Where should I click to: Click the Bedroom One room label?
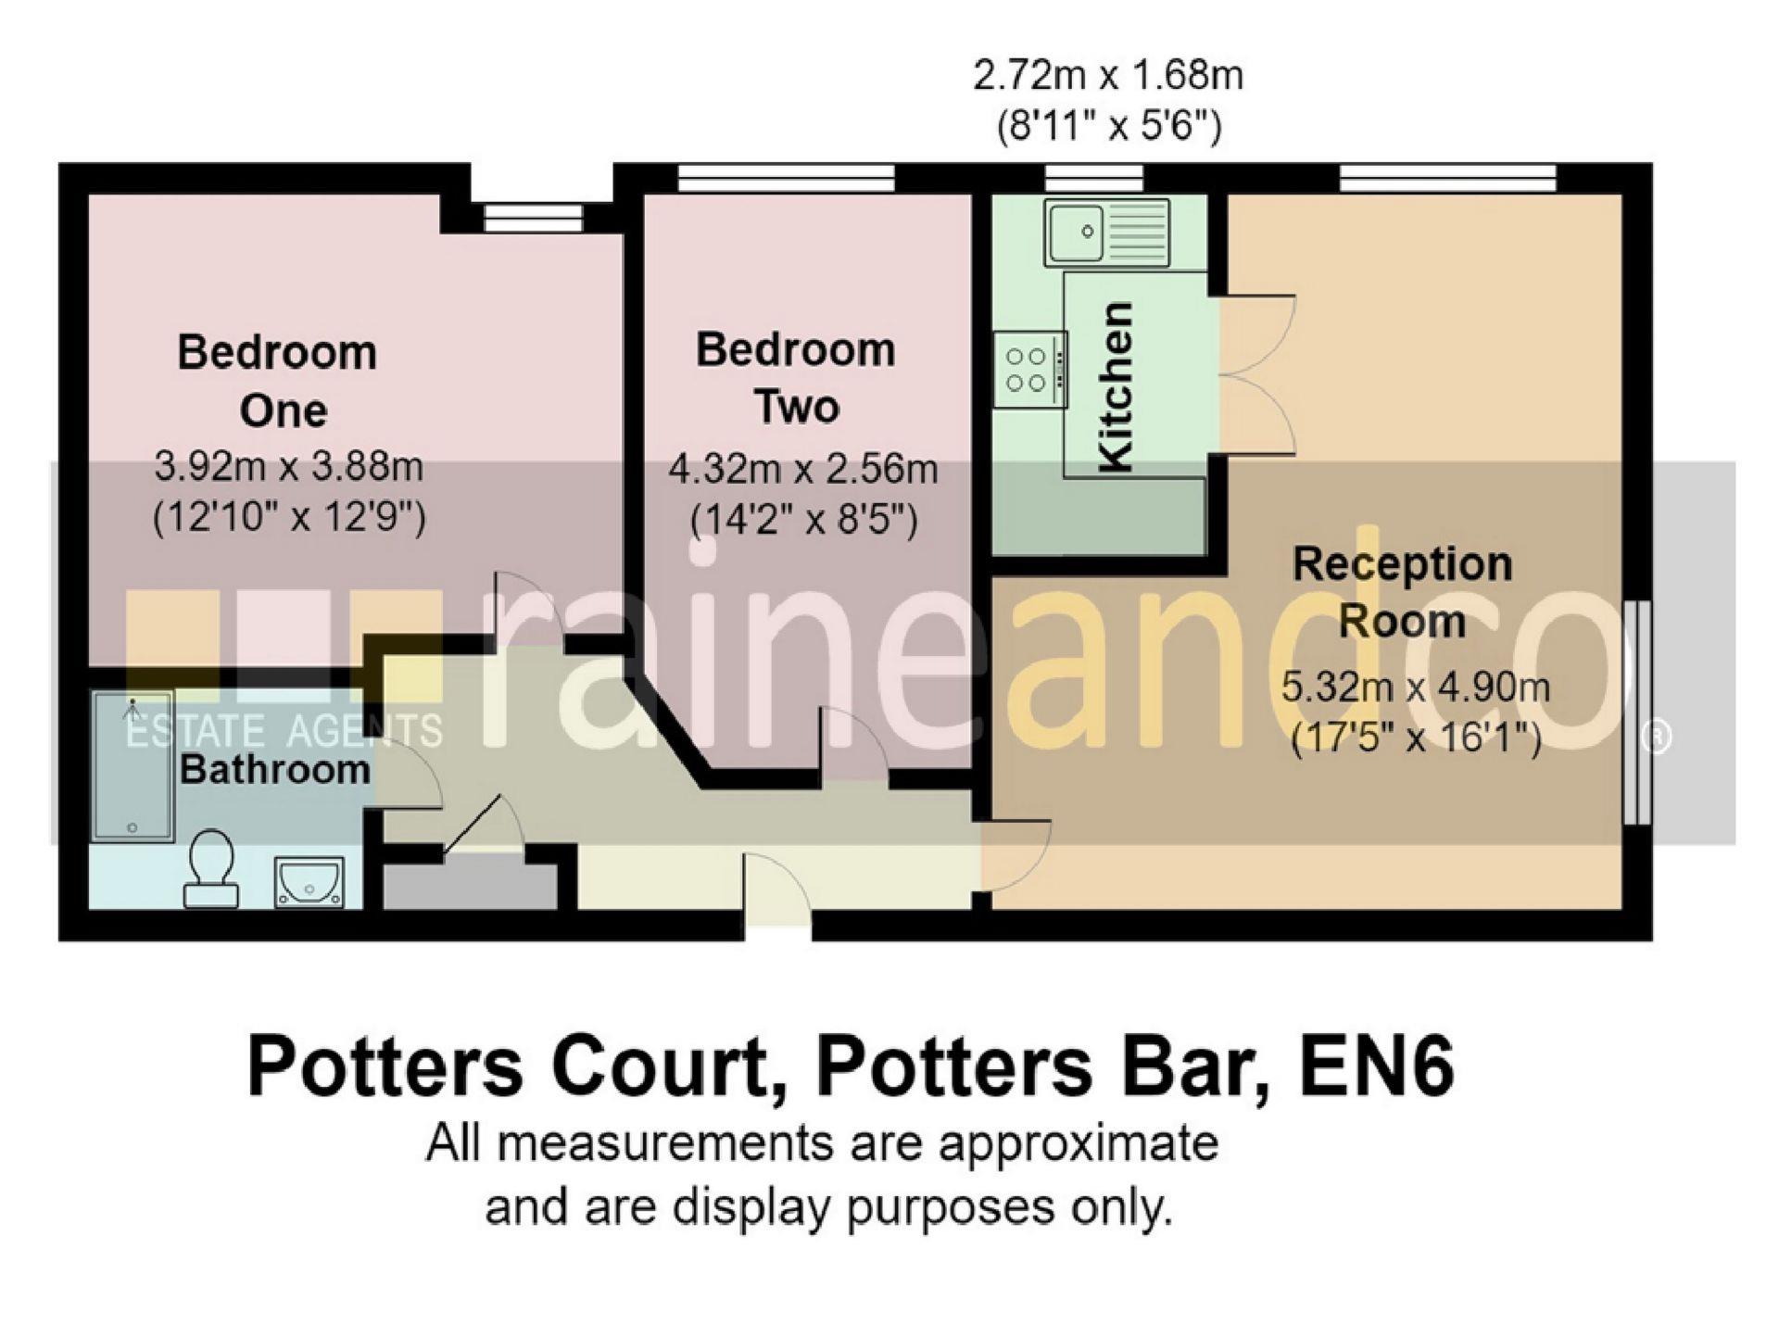278,381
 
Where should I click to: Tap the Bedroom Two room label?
796,378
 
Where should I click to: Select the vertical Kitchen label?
1115,386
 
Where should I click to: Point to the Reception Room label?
1402,592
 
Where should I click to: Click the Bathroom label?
275,770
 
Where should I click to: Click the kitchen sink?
1107,231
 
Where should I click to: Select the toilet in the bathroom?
211,866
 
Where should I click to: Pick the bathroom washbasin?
309,881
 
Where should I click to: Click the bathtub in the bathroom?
133,765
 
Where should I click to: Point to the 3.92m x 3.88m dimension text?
288,466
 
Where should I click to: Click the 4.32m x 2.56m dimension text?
802,470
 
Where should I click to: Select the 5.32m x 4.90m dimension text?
1415,687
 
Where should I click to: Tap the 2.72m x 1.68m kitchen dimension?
1107,76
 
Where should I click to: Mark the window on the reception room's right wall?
1638,713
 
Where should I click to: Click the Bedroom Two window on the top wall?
786,179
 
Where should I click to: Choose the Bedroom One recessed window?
535,219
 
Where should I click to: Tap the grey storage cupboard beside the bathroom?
470,884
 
